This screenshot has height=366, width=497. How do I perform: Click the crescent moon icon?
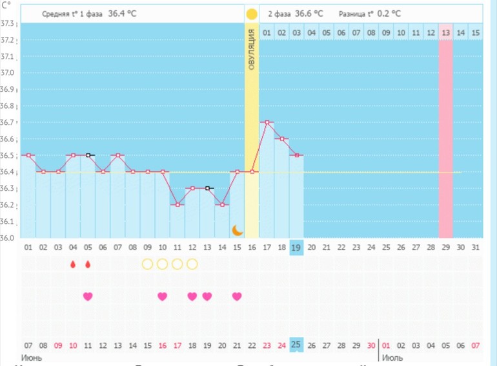[x=237, y=230]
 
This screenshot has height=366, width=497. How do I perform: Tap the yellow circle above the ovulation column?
[x=252, y=14]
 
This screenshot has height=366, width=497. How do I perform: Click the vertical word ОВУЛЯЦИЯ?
[x=251, y=48]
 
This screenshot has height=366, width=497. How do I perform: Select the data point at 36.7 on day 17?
[x=267, y=122]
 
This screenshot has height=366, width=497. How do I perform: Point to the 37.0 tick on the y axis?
[x=8, y=73]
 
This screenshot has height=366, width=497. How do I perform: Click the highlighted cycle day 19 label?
[x=297, y=247]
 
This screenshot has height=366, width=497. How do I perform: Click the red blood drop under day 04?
[x=73, y=264]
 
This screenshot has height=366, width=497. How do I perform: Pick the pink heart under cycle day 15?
[x=237, y=296]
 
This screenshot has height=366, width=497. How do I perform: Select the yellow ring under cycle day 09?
[x=147, y=264]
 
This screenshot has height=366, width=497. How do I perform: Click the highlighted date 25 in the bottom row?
[x=297, y=345]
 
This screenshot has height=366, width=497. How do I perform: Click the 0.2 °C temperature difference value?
[x=389, y=14]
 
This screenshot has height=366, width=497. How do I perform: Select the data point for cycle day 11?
[x=177, y=204]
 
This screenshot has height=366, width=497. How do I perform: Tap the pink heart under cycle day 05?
[x=88, y=296]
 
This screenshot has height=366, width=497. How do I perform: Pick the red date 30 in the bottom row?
[x=371, y=345]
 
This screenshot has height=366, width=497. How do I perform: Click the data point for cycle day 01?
[x=28, y=155]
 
